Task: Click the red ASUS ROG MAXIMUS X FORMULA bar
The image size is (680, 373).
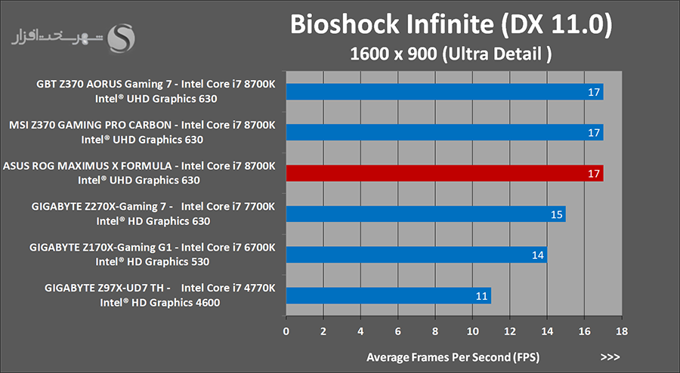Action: (444, 174)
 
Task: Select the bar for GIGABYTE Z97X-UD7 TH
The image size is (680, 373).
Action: (388, 295)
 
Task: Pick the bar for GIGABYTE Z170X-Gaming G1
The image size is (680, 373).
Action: (416, 255)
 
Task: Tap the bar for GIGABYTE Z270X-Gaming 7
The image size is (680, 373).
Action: (425, 214)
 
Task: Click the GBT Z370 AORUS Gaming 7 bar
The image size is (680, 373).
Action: (444, 92)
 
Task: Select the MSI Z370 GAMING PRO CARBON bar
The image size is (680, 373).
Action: (444, 133)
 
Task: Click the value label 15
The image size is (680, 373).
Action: (557, 215)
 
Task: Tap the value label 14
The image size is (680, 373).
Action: (538, 256)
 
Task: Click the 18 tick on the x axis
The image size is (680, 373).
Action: (622, 331)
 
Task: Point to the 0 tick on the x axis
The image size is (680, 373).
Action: (286, 331)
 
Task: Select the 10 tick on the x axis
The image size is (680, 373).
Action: (472, 331)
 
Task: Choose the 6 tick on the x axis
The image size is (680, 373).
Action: (397, 331)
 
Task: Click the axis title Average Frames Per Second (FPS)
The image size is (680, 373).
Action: (453, 356)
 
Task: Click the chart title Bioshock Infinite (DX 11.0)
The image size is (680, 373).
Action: (451, 25)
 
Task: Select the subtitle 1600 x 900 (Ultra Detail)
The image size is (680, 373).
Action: (451, 54)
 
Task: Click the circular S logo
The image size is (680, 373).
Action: (122, 38)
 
